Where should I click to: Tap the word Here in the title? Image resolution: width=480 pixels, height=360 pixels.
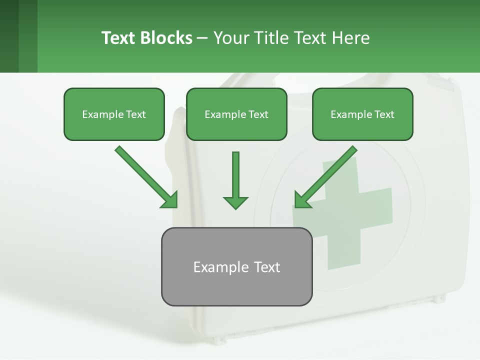(x=350, y=38)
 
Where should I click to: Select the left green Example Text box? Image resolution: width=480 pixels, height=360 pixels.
(x=114, y=114)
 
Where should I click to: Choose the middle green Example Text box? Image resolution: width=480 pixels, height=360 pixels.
(x=236, y=114)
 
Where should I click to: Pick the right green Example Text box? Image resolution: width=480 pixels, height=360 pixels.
(x=362, y=114)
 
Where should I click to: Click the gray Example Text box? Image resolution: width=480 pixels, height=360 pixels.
(x=236, y=266)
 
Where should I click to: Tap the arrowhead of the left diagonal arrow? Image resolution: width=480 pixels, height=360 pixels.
(x=170, y=200)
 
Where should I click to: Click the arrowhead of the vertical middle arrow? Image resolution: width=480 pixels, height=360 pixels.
(x=235, y=202)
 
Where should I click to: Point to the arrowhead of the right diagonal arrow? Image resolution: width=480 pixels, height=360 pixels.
(x=302, y=200)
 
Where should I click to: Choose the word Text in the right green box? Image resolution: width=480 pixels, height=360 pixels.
(x=384, y=114)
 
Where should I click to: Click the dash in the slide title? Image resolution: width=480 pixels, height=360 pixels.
(x=202, y=38)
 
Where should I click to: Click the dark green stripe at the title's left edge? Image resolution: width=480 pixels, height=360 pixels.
(x=9, y=36)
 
